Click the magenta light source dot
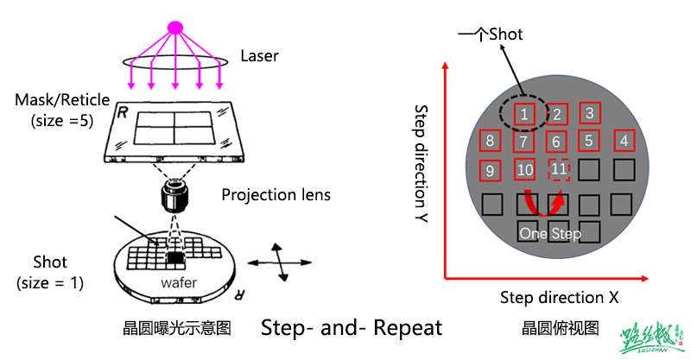[176, 27]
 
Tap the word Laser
[259, 57]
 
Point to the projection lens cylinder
[175, 198]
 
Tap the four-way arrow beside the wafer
[279, 262]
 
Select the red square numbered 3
[589, 112]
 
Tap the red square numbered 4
[624, 140]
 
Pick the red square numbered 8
[491, 141]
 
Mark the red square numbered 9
[491, 170]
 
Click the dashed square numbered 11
[559, 169]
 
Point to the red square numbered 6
[557, 141]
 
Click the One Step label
[550, 233]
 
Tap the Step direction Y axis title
[422, 163]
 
